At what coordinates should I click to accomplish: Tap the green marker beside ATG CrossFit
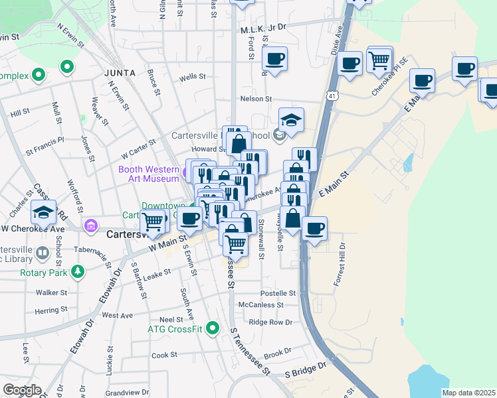coord(213,328)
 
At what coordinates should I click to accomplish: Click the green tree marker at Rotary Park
coord(78,272)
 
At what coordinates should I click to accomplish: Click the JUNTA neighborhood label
coord(120,72)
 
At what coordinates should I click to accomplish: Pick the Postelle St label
coord(277,293)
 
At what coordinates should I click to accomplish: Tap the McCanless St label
coord(261,305)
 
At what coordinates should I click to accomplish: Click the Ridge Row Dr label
coord(270,322)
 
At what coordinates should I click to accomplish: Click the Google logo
coord(22,390)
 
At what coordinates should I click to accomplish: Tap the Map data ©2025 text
coord(468,393)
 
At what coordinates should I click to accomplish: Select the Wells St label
coord(192,78)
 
